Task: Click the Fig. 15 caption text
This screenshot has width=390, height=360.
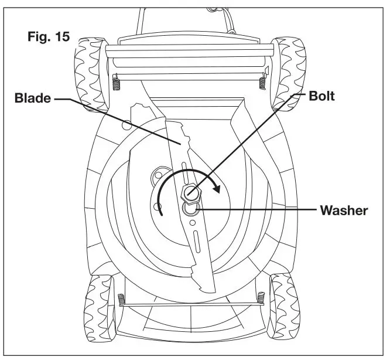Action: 49,36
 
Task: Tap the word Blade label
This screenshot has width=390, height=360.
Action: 33,99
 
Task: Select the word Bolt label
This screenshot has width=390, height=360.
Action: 321,96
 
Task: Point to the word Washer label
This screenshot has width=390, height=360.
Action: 343,210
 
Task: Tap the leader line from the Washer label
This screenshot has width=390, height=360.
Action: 258,209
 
